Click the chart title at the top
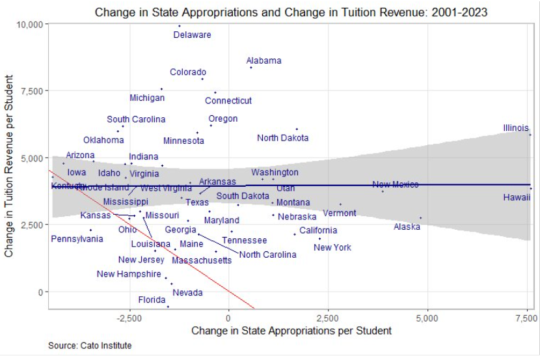291,12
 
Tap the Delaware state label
192,35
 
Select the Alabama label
263,61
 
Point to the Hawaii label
517,197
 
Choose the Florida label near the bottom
151,300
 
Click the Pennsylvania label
77,239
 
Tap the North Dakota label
282,138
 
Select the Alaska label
407,227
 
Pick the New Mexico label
395,185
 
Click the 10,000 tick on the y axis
28,24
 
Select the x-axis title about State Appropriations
291,331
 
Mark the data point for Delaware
180,26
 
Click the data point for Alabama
251,67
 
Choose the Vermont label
339,213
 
